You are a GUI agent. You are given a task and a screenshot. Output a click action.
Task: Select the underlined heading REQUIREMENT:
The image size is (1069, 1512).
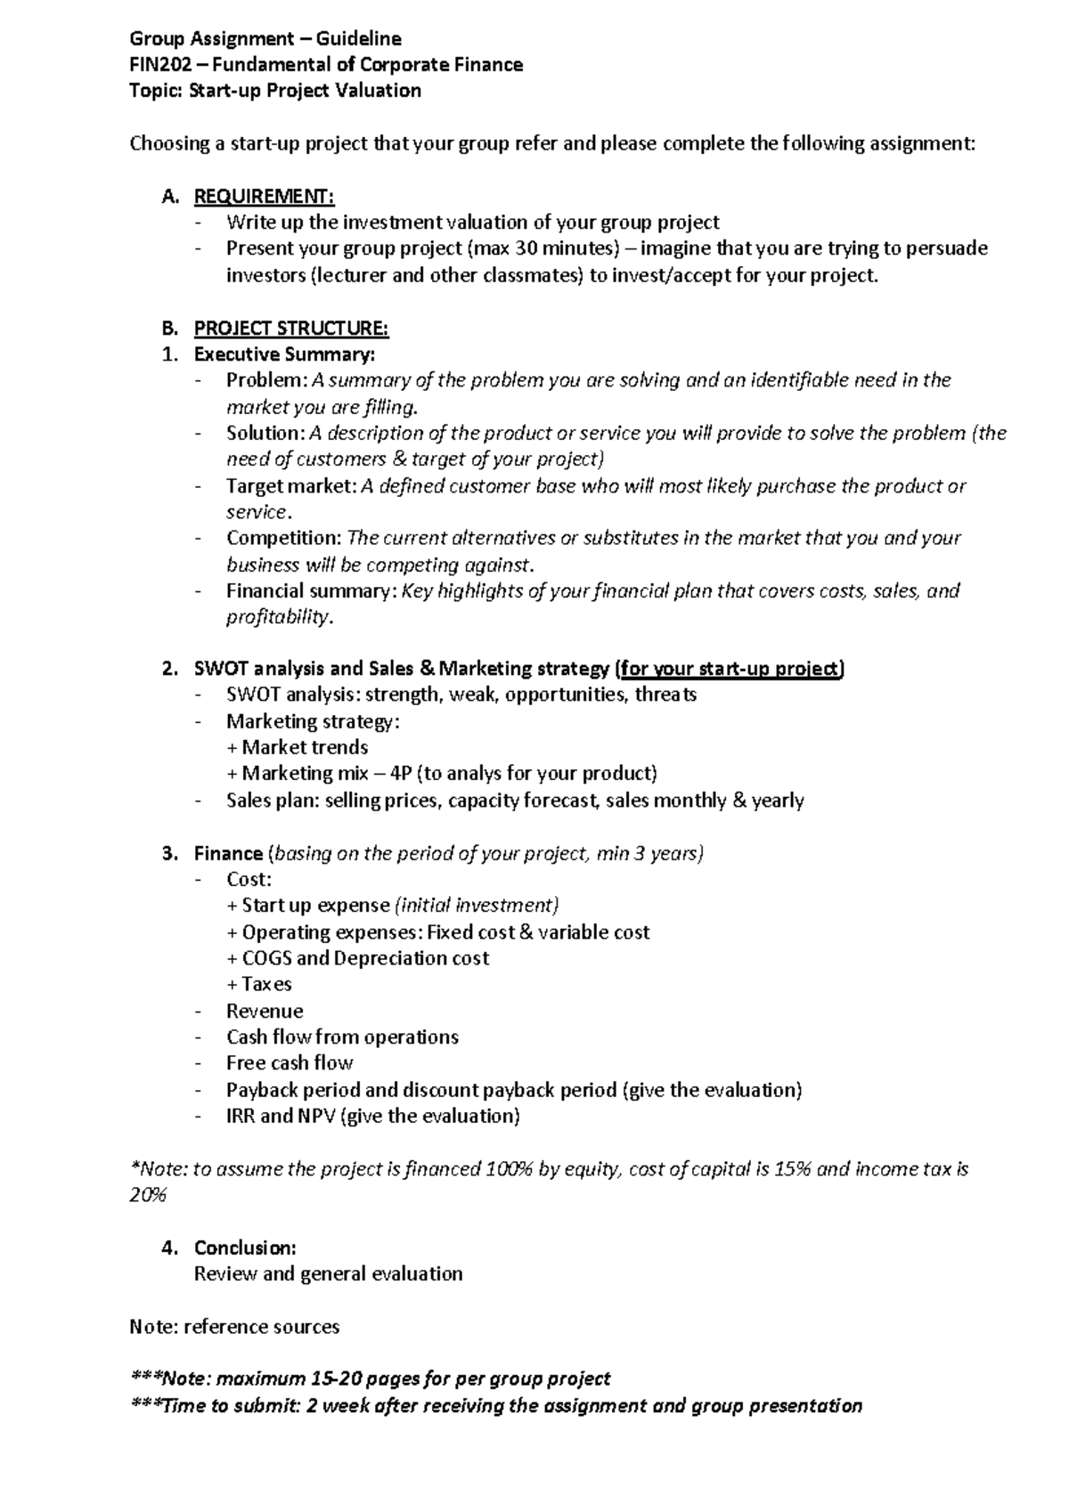coord(264,196)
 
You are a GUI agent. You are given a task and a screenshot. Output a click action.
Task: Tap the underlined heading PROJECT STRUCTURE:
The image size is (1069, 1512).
coord(291,328)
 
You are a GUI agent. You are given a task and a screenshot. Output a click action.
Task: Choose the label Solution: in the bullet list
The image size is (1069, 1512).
coord(265,433)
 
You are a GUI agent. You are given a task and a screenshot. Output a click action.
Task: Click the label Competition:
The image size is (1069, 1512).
coord(283,538)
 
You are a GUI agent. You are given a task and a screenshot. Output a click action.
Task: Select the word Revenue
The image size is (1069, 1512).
coord(265,1011)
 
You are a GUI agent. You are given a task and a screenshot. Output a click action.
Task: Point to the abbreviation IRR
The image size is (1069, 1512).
coord(241,1116)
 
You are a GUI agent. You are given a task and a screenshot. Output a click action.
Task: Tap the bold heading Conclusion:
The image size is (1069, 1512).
coord(245,1248)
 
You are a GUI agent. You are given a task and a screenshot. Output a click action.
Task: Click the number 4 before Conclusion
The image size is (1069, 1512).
coord(167,1248)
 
